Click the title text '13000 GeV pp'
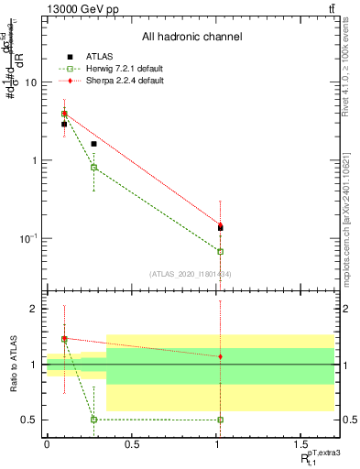point(76,8)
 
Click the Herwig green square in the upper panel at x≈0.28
point(93,167)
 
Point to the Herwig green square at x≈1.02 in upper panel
point(221,251)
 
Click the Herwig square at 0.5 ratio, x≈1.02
point(221,420)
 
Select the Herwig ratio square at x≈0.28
point(93,420)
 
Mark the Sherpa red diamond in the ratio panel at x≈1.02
point(221,356)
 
